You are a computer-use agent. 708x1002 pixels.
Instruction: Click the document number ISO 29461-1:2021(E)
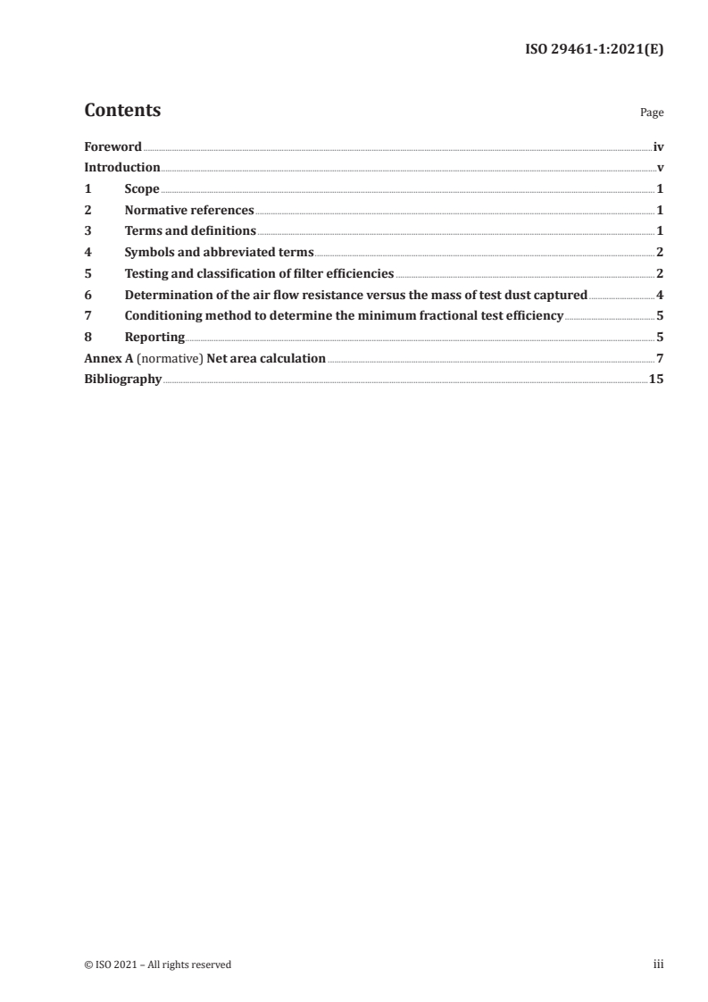coord(594,51)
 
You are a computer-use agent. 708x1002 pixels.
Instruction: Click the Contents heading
coord(122,111)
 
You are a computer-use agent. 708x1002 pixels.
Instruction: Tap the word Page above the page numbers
coord(652,113)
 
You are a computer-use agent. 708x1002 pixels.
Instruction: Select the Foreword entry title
coord(112,146)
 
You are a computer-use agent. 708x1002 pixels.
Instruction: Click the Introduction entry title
coord(122,167)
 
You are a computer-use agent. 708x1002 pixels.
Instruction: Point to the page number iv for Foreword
coord(658,146)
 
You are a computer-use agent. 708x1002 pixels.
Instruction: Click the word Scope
coord(142,188)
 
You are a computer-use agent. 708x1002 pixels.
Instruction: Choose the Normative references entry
coord(189,210)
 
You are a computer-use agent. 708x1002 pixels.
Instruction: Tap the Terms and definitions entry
coord(190,231)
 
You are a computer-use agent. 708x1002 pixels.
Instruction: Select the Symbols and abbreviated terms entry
coord(219,252)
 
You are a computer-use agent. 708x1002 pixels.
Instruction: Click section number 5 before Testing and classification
coord(87,273)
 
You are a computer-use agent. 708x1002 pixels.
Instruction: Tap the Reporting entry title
coord(154,338)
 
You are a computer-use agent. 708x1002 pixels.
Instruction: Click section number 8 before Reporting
coord(87,338)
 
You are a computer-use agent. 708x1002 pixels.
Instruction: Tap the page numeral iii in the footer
coord(659,964)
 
